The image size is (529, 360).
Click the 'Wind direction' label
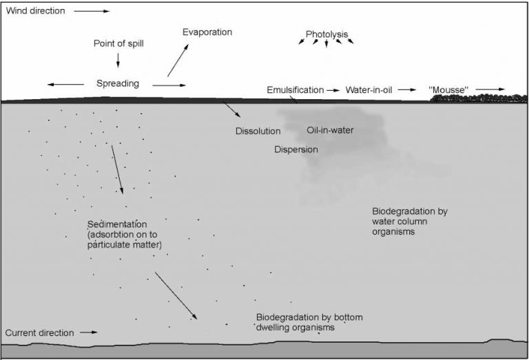(x=35, y=11)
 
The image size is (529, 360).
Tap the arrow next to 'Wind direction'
(x=92, y=11)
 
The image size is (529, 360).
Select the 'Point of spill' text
(x=118, y=43)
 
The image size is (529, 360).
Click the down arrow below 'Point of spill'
(x=118, y=61)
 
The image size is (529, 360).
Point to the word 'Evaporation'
(x=207, y=32)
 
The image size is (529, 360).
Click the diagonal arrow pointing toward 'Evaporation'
(x=178, y=60)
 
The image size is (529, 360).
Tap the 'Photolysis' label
(x=326, y=34)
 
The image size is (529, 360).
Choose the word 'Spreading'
(x=117, y=83)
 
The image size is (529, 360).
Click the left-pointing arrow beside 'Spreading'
(x=65, y=84)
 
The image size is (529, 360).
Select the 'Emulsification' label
(x=295, y=90)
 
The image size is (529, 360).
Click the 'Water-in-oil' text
(x=369, y=90)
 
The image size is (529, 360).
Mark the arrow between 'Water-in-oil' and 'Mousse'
(x=407, y=89)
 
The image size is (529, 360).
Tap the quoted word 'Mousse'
(x=448, y=90)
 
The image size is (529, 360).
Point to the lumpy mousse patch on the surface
(x=479, y=98)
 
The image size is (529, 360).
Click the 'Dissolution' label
(x=258, y=131)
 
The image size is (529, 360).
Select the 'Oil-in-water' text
(x=330, y=130)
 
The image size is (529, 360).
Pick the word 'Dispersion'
(x=296, y=149)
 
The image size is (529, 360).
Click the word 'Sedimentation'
(x=117, y=224)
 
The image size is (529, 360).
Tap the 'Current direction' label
(x=39, y=332)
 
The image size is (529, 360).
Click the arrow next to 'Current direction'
(x=89, y=332)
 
